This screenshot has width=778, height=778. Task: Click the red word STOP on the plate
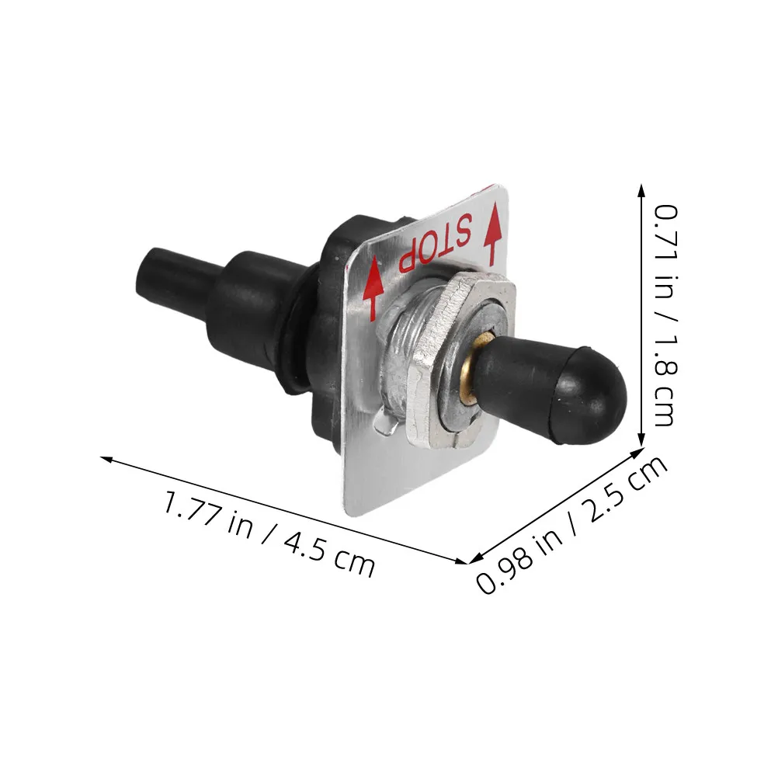coord(435,241)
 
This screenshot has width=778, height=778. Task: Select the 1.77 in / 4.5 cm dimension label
coord(269,533)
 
